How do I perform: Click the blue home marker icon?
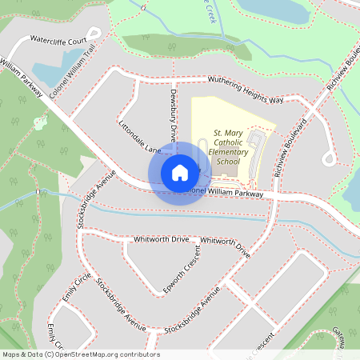[180, 172]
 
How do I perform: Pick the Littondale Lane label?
[140, 138]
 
